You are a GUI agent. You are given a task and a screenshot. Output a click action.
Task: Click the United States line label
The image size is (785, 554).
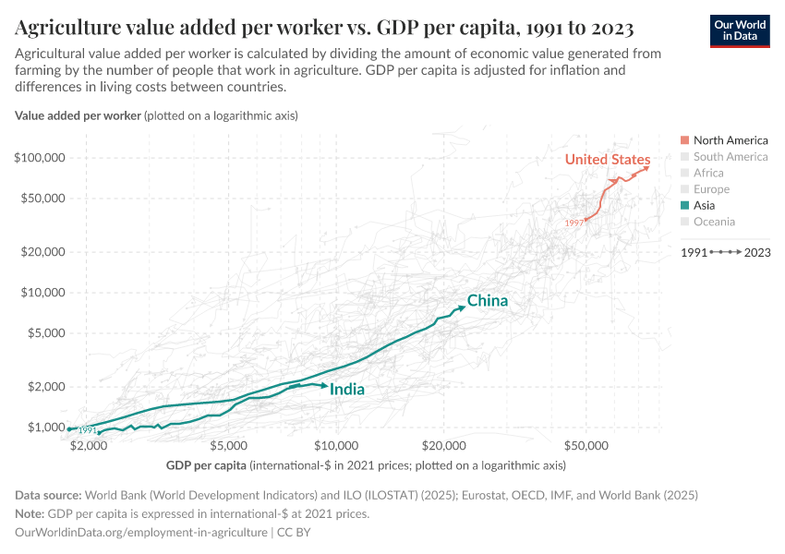607,160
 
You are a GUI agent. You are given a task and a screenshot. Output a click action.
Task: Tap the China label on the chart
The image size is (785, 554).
487,301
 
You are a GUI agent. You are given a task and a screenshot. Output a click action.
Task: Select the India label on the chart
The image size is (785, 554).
346,390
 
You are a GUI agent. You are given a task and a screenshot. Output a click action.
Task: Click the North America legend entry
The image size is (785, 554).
730,140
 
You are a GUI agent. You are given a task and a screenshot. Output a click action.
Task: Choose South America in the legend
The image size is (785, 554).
730,157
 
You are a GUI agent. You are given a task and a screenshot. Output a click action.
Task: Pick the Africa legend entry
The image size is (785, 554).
709,173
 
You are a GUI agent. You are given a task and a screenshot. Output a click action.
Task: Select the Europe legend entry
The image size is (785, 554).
711,189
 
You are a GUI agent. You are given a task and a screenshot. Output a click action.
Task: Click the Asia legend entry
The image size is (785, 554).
704,206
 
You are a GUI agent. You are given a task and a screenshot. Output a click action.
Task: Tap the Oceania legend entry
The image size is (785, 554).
714,222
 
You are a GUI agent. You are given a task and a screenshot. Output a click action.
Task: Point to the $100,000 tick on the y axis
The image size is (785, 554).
40,158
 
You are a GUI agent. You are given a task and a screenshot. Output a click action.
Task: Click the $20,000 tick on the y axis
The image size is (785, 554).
42,251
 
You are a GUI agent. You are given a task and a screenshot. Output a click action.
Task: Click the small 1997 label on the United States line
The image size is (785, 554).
574,223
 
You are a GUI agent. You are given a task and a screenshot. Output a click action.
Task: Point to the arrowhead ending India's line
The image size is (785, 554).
324,386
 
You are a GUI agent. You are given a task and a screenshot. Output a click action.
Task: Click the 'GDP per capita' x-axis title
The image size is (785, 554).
206,464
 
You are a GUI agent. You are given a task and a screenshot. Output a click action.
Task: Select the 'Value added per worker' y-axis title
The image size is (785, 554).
78,115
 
